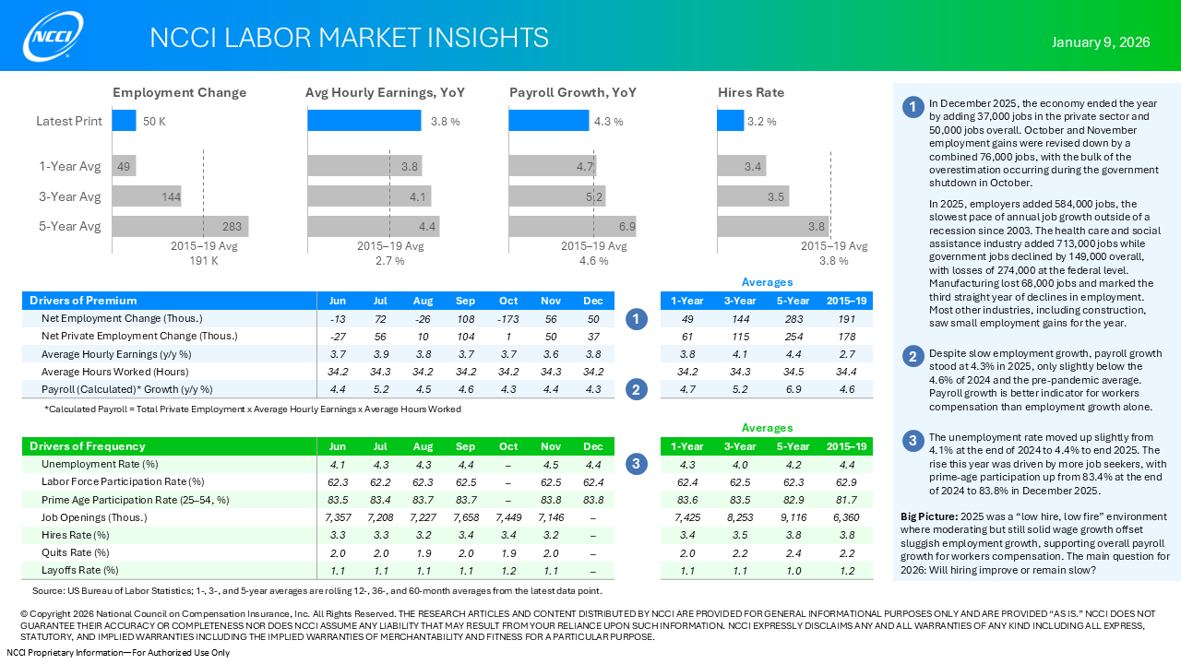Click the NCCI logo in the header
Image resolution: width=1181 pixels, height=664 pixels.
click(54, 36)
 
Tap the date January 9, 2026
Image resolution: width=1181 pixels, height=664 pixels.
click(1101, 42)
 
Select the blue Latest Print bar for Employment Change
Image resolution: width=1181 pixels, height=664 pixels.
click(124, 121)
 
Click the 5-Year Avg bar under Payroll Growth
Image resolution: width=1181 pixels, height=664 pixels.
click(572, 227)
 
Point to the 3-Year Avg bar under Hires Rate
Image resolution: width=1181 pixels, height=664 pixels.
click(753, 196)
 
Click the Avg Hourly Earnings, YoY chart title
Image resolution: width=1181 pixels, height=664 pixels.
click(385, 93)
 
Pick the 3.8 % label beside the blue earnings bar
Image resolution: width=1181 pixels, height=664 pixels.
click(445, 122)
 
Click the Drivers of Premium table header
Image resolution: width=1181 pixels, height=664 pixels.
click(83, 301)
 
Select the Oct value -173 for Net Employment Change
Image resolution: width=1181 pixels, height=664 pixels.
click(508, 318)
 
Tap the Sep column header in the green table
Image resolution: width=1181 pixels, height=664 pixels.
click(465, 446)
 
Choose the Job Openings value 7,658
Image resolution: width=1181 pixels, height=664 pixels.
click(465, 517)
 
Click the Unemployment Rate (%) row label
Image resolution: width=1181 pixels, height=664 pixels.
click(100, 464)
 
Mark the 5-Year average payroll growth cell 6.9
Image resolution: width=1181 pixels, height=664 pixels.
click(793, 389)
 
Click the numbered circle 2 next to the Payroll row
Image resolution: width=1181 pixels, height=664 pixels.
click(636, 389)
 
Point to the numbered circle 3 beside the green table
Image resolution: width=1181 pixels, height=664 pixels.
click(636, 464)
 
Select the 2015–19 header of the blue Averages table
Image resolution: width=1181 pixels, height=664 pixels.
click(846, 301)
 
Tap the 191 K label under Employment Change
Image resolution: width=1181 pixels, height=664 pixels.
click(204, 261)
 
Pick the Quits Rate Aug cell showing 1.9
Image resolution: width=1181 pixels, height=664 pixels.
click(423, 552)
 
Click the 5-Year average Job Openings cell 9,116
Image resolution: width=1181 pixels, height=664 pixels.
click(793, 517)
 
